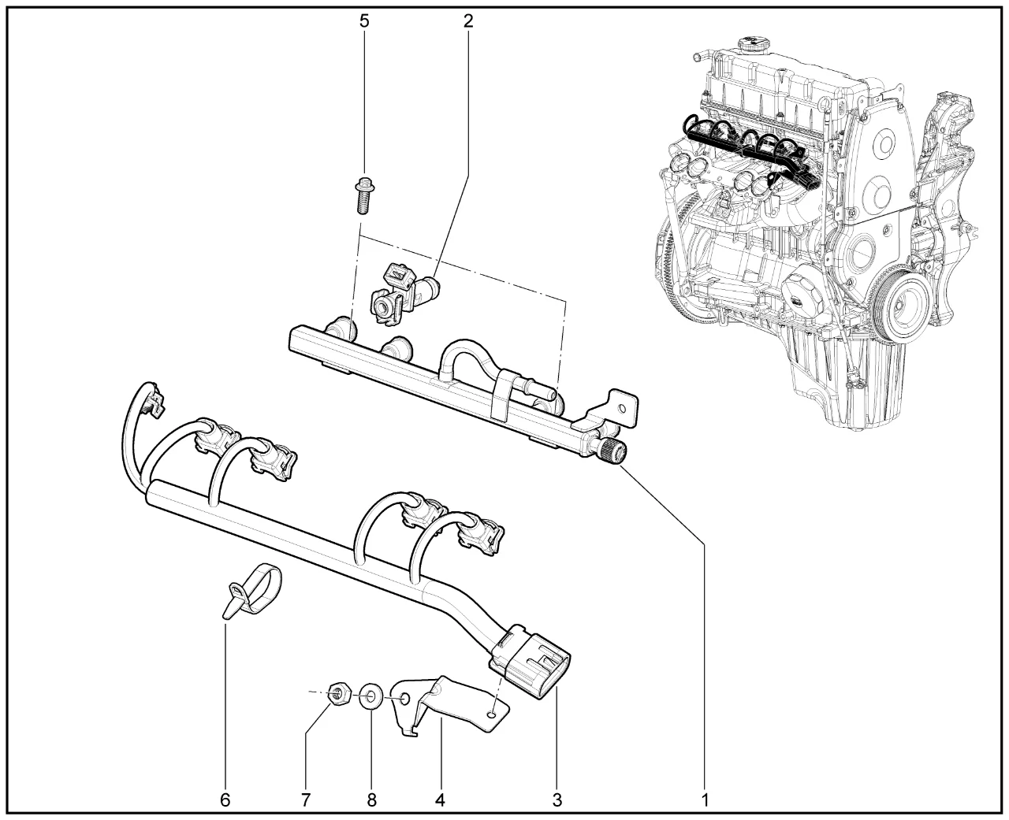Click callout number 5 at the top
pos(363,20)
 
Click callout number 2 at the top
pos(467,20)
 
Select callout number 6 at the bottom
pos(225,800)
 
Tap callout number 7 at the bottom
pos(305,800)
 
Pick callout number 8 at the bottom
pos(371,800)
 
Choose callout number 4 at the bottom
pos(440,800)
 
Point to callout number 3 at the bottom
pos(557,800)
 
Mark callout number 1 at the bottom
pos(706,800)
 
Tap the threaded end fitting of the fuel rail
pos(613,452)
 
